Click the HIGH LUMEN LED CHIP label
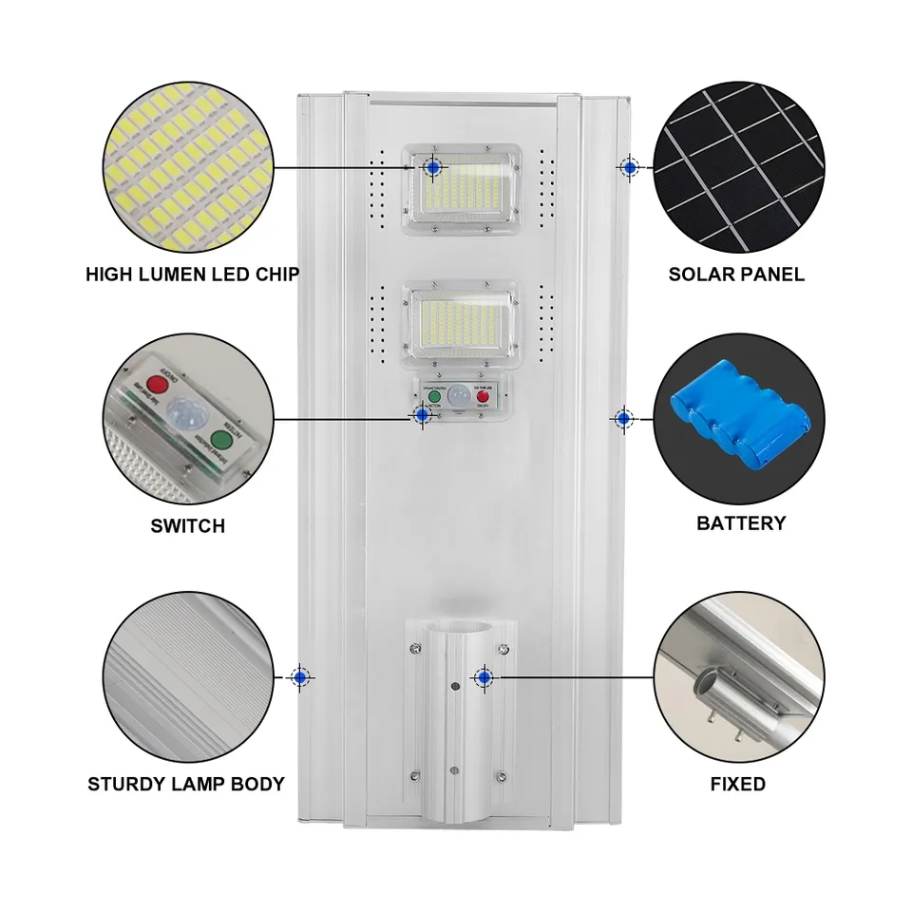[192, 275]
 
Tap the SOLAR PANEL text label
[736, 275]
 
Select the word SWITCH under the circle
[188, 525]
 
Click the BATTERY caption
[741, 523]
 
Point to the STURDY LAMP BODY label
[186, 784]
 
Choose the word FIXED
[737, 784]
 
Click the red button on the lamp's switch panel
[483, 395]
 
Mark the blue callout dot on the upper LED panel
[434, 167]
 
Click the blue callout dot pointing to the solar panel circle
[629, 166]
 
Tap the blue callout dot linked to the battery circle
[623, 417]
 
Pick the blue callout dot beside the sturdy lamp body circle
[301, 676]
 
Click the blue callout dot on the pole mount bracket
[484, 677]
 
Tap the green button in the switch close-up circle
[221, 440]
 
